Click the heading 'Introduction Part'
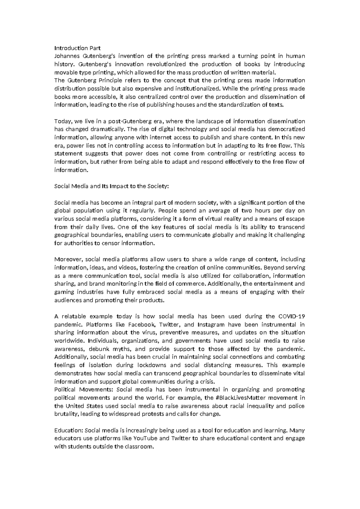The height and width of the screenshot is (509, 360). coord(77,48)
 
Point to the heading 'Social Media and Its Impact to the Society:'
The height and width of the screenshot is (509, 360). coord(112,186)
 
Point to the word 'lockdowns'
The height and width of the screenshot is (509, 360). coord(151,365)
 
